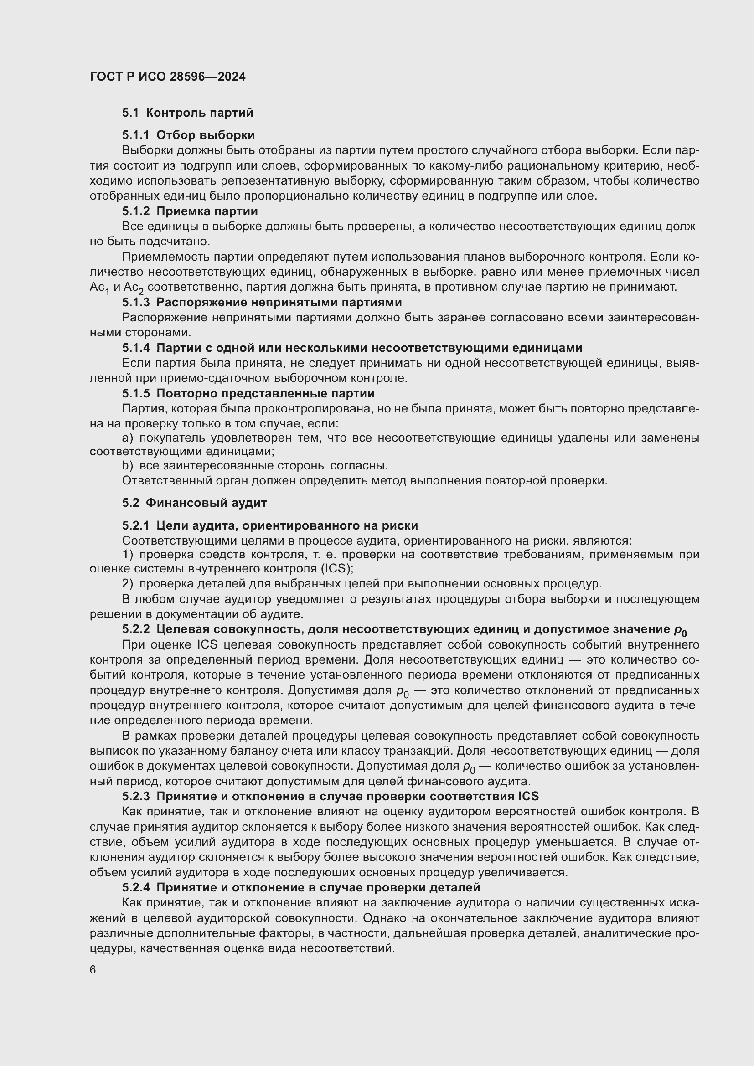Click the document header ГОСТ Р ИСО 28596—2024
167,77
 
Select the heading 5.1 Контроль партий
187,113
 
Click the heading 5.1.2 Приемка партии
190,211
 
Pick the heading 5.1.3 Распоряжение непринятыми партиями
261,302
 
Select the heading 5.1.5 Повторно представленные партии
248,394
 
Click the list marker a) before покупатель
127,438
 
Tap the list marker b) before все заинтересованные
127,466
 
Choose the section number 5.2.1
135,525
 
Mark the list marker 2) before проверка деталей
127,584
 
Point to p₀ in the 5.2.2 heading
681,630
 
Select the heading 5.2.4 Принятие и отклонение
300,888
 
